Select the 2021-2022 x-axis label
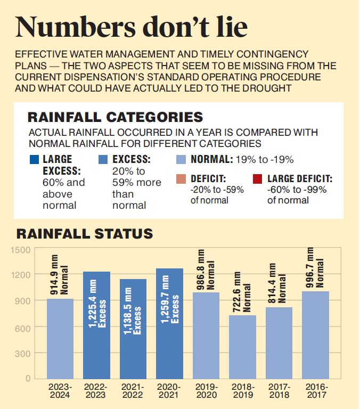(x=133, y=391)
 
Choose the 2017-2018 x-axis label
(x=279, y=391)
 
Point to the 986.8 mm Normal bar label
(x=206, y=275)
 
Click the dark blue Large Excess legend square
(x=35, y=159)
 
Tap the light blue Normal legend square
(x=181, y=159)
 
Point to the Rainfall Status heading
(x=85, y=234)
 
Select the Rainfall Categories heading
(x=115, y=117)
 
